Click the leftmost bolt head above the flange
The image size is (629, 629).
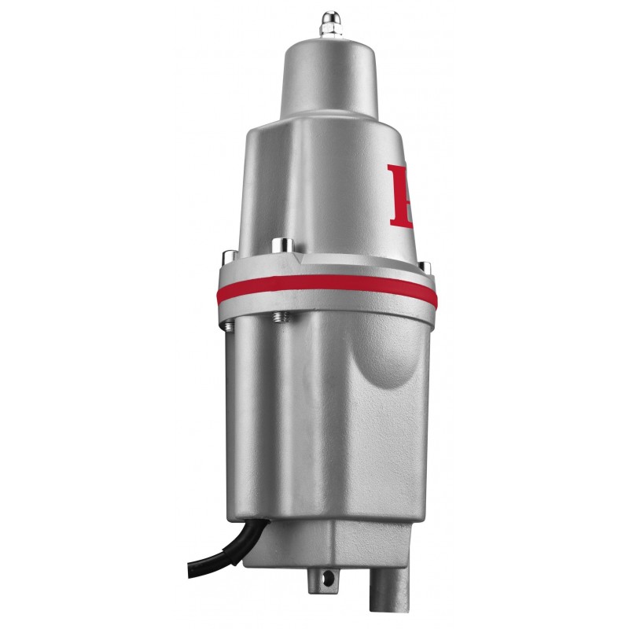226,255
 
